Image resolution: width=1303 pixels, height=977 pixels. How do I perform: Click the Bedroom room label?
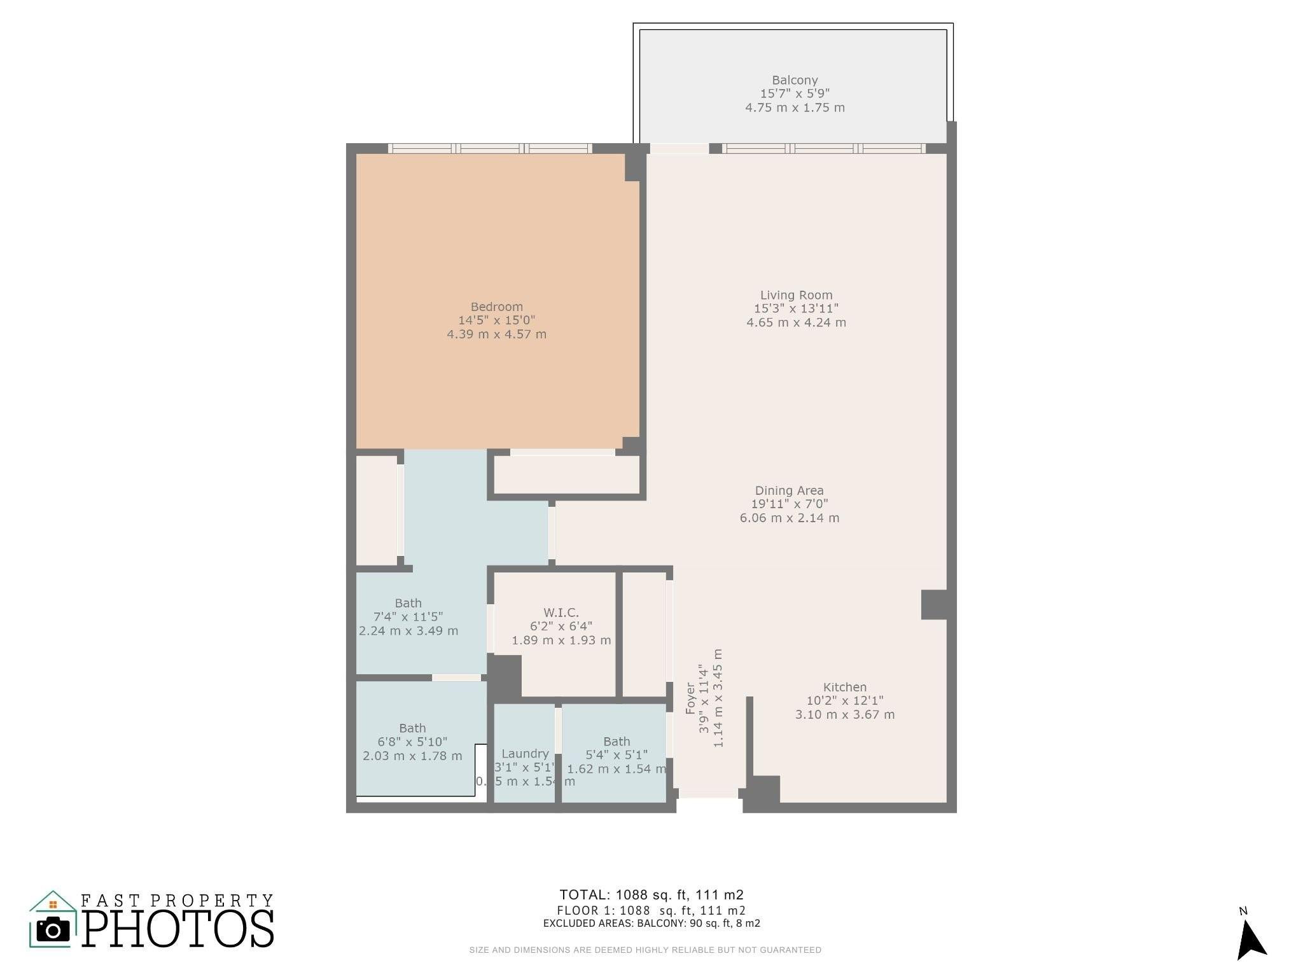tap(496, 307)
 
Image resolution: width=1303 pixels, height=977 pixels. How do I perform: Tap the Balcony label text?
tap(795, 80)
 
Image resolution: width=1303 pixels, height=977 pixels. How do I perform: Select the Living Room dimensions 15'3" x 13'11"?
tap(796, 308)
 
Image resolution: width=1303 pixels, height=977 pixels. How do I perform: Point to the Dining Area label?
tap(789, 490)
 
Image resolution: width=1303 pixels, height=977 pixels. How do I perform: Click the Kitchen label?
tap(844, 687)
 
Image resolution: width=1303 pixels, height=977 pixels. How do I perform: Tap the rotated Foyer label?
tap(691, 698)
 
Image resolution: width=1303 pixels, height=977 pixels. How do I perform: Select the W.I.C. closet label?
tap(561, 613)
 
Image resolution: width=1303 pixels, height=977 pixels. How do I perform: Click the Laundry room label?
tap(524, 754)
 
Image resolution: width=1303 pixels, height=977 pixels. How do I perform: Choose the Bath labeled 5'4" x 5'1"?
tap(616, 742)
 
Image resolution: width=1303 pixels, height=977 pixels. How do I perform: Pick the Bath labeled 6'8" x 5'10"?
tap(412, 728)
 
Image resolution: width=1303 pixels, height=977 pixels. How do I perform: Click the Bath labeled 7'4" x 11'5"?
tap(408, 603)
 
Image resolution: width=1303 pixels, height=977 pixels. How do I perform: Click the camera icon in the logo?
tap(53, 930)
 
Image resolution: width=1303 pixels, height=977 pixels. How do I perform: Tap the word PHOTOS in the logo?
tap(178, 929)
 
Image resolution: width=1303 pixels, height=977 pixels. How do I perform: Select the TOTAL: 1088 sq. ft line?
tap(651, 895)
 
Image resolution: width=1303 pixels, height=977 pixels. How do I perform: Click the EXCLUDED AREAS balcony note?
tap(651, 923)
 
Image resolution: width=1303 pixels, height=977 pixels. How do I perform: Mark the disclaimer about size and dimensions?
tap(645, 950)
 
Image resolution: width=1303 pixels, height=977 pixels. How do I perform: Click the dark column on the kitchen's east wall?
tap(934, 604)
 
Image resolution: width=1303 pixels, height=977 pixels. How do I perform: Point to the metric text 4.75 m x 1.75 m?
tap(795, 107)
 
